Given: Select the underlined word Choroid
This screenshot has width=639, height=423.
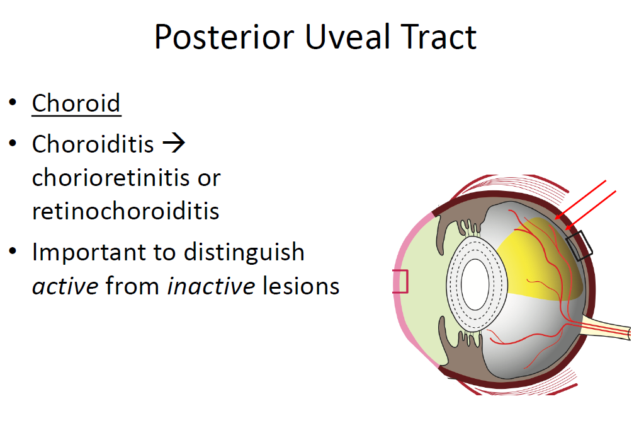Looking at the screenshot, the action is tap(76, 103).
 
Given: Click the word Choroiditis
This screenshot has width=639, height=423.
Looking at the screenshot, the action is tap(93, 144).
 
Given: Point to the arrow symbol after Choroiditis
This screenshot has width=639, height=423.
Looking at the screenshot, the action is tap(174, 144).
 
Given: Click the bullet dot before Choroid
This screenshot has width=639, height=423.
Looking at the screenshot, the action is tap(13, 103).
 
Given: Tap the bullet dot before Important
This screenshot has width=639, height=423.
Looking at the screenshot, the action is tap(13, 252).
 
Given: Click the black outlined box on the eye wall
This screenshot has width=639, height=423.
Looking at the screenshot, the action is tap(579, 245).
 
